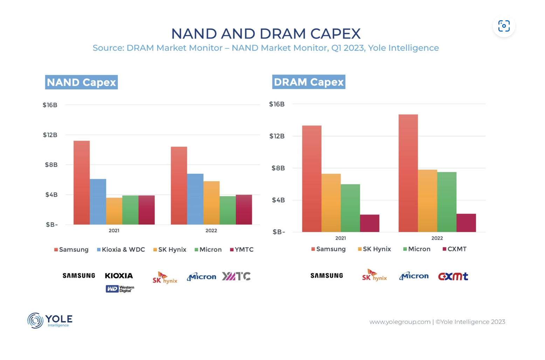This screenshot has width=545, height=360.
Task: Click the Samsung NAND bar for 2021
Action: pyautogui.click(x=82, y=182)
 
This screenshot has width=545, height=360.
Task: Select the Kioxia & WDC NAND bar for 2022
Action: pyautogui.click(x=195, y=199)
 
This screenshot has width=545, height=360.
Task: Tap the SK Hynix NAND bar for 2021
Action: pyautogui.click(x=114, y=211)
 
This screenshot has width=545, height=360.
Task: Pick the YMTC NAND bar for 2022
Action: pyautogui.click(x=244, y=210)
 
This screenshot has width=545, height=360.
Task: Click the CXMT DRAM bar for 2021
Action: pyautogui.click(x=370, y=223)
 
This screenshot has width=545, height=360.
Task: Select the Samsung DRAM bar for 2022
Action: pyautogui.click(x=408, y=173)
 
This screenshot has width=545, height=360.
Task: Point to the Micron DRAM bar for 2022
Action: pyautogui.click(x=447, y=202)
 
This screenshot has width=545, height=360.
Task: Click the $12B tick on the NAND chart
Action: pyautogui.click(x=50, y=135)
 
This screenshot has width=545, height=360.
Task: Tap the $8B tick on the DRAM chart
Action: pyautogui.click(x=278, y=168)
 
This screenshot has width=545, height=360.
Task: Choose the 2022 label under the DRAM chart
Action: pyautogui.click(x=437, y=238)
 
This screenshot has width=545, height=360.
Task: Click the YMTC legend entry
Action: pyautogui.click(x=242, y=250)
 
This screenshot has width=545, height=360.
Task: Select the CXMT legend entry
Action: pyautogui.click(x=455, y=249)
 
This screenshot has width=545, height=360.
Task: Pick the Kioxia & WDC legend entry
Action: pyautogui.click(x=121, y=250)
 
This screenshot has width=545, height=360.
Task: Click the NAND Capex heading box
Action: pyautogui.click(x=81, y=82)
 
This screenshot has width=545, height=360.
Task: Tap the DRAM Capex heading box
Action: pyautogui.click(x=309, y=82)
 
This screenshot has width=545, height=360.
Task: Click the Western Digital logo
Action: pyautogui.click(x=120, y=289)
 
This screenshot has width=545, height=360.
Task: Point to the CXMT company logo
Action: pyautogui.click(x=453, y=277)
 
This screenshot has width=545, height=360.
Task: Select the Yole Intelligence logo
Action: pyautogui.click(x=50, y=320)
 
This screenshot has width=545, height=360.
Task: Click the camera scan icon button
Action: pyautogui.click(x=504, y=26)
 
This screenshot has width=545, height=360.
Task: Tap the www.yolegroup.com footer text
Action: pyautogui.click(x=400, y=322)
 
